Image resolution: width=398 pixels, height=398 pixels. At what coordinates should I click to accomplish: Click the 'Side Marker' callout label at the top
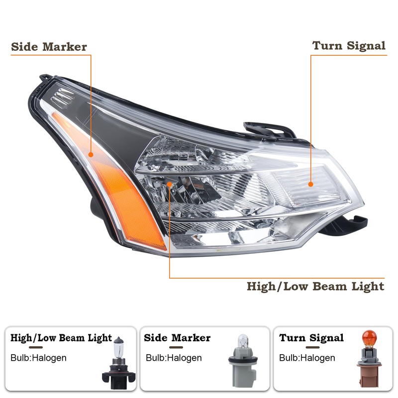click(x=49, y=47)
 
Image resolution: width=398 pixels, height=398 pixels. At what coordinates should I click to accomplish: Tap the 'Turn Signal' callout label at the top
click(x=349, y=46)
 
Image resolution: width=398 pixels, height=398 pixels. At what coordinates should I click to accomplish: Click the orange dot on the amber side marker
click(x=92, y=155)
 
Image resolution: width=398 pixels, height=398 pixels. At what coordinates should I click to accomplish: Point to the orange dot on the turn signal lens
click(x=311, y=184)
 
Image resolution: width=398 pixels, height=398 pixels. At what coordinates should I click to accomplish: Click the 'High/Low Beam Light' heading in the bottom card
click(x=61, y=338)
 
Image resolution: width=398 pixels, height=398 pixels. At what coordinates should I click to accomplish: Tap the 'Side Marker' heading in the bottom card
click(x=177, y=338)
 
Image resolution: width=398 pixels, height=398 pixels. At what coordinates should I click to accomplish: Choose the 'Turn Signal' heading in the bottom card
click(x=311, y=338)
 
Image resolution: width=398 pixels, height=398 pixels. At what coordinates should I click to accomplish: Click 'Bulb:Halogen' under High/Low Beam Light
click(x=38, y=358)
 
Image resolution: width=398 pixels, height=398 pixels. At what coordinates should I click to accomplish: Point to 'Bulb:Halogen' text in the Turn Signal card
click(x=307, y=358)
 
